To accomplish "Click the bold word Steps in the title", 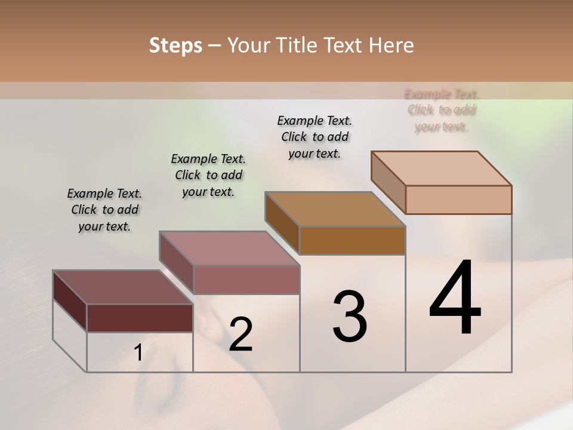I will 175,45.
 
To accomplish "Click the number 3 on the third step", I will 350,316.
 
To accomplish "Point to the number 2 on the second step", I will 241,334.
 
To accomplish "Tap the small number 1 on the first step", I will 138,353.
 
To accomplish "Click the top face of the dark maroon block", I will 122,287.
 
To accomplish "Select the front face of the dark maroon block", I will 140,318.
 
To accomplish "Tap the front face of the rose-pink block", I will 246,279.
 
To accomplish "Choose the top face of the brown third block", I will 335,209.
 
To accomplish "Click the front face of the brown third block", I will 352,240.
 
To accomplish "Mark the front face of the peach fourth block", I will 458,199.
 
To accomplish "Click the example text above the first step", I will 104,210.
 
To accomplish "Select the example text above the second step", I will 208,175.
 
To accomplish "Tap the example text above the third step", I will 315,137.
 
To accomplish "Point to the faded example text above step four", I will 442,110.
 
